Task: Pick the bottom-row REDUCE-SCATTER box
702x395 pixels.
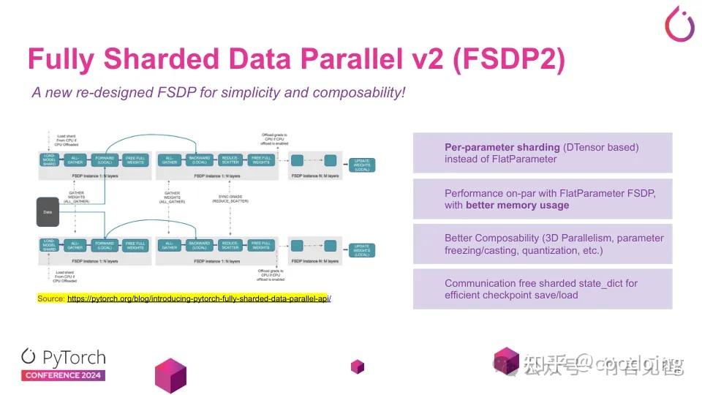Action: [230, 246]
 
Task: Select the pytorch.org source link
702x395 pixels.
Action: [199, 298]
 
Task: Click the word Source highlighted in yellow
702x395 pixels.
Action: [50, 298]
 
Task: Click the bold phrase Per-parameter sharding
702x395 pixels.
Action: [503, 147]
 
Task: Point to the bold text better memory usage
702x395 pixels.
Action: [518, 205]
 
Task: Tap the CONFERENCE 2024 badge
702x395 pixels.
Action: [63, 375]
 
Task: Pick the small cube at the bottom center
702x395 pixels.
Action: [357, 366]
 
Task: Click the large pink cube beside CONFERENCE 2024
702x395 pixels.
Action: [170, 375]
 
